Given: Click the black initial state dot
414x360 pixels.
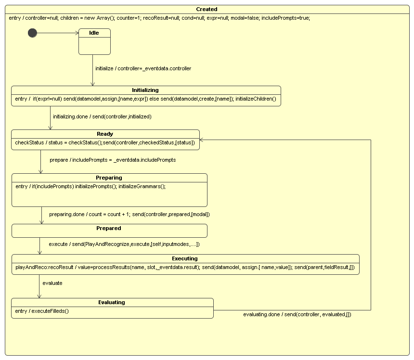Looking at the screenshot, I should [x=32, y=33].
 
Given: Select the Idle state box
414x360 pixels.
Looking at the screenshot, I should [x=94, y=41].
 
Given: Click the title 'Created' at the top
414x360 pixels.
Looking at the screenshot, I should [x=207, y=9].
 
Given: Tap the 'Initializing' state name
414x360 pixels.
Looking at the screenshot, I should [x=145, y=90].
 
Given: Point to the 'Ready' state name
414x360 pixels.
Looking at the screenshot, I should [x=105, y=134].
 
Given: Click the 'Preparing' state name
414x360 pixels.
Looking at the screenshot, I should [x=109, y=178].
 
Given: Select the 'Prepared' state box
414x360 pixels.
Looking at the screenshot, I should [x=109, y=231].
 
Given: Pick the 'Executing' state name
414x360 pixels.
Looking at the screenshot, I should [x=185, y=258].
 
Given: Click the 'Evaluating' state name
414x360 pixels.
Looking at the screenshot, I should [x=112, y=302].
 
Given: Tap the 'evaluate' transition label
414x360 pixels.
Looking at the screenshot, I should [x=52, y=283].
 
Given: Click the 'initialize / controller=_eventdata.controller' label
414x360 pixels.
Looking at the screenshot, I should [x=143, y=68].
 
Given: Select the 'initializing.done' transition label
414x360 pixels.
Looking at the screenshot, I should [x=102, y=116].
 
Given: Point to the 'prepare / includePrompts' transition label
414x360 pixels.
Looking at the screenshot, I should [x=113, y=160].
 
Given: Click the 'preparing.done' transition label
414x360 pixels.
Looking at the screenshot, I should [x=129, y=214].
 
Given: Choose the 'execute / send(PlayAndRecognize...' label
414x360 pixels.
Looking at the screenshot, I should [x=124, y=244].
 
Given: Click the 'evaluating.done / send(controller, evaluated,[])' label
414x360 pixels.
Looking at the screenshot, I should [x=297, y=314].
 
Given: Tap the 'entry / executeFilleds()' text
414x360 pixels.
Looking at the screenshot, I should [x=42, y=311].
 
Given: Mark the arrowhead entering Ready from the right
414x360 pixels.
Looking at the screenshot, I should [x=202, y=140].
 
